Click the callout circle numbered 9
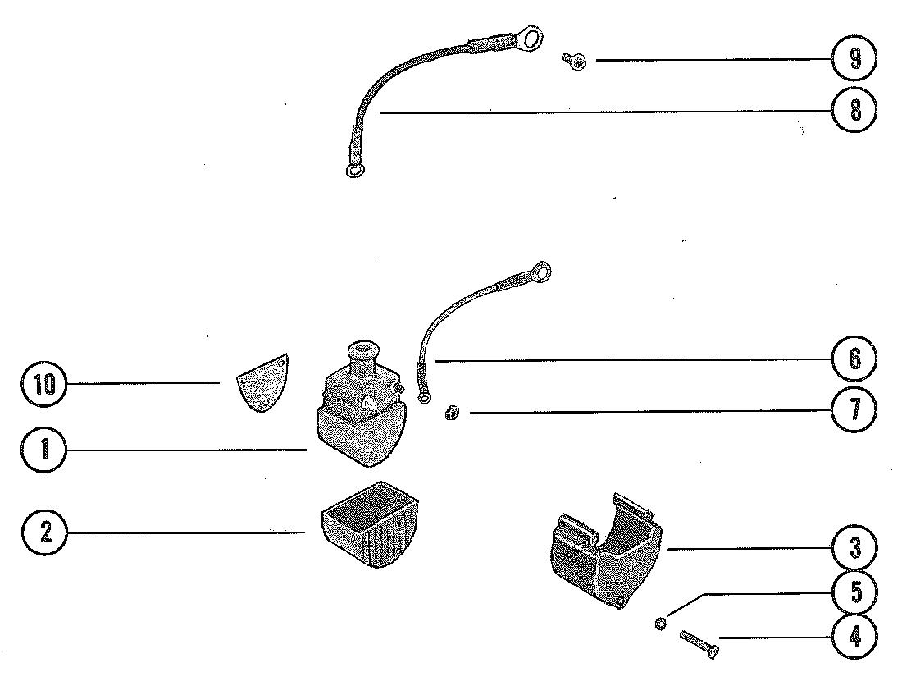(x=854, y=59)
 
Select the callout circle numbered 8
(x=854, y=110)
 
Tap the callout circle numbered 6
(x=854, y=359)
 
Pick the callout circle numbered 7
(x=854, y=409)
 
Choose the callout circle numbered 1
(x=45, y=450)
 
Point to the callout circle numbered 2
(x=45, y=532)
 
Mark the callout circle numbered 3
(x=854, y=547)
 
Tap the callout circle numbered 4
(x=854, y=637)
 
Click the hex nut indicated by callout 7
(x=450, y=413)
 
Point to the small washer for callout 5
(x=659, y=624)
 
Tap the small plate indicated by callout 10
(x=262, y=382)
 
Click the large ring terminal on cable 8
(x=531, y=38)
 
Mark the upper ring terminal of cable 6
(x=540, y=270)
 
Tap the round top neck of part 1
(x=358, y=354)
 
